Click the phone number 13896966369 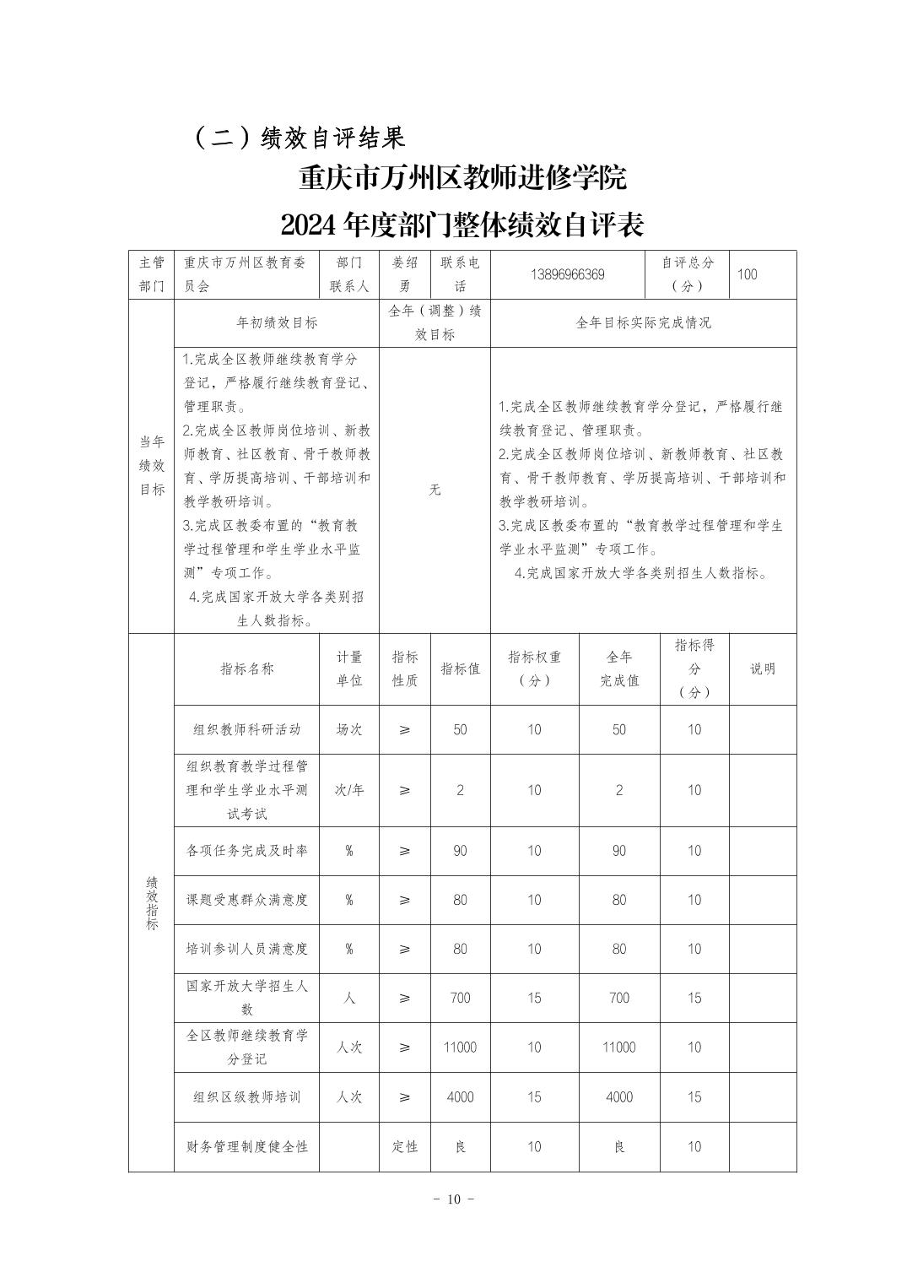pos(568,274)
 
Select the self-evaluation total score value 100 pos(747,274)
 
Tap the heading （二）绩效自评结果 pos(300,137)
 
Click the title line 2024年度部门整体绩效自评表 pos(462,225)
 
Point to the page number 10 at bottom pos(454,1199)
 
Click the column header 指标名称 pos(246,669)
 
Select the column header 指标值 pos(460,669)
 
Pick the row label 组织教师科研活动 pos(246,729)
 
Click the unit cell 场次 pos(349,729)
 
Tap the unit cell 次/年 pos(349,790)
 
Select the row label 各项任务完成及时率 pos(246,850)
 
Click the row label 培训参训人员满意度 pos(246,949)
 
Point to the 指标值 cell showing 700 pos(460,998)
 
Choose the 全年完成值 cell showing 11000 pos(618,1047)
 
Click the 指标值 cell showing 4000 pos(460,1096)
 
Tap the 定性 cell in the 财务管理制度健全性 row pos(404,1146)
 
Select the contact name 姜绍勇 pos(404,274)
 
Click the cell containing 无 pos(435,490)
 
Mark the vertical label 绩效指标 pos(152,902)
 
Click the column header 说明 pos(762,669)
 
